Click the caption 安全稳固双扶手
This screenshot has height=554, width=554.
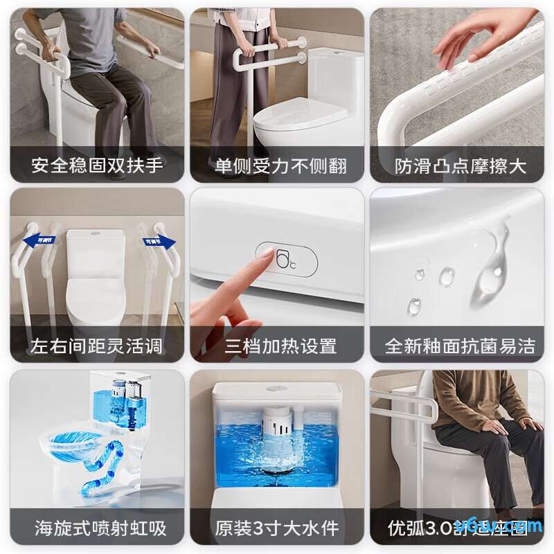97,166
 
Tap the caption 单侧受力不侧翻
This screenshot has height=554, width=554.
280,166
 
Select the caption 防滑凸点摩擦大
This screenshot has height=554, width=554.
461,166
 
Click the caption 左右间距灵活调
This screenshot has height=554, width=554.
97,346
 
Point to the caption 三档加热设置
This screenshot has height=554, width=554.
280,346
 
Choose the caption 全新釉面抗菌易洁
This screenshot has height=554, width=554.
461,346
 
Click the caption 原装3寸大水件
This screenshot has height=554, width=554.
277,528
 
